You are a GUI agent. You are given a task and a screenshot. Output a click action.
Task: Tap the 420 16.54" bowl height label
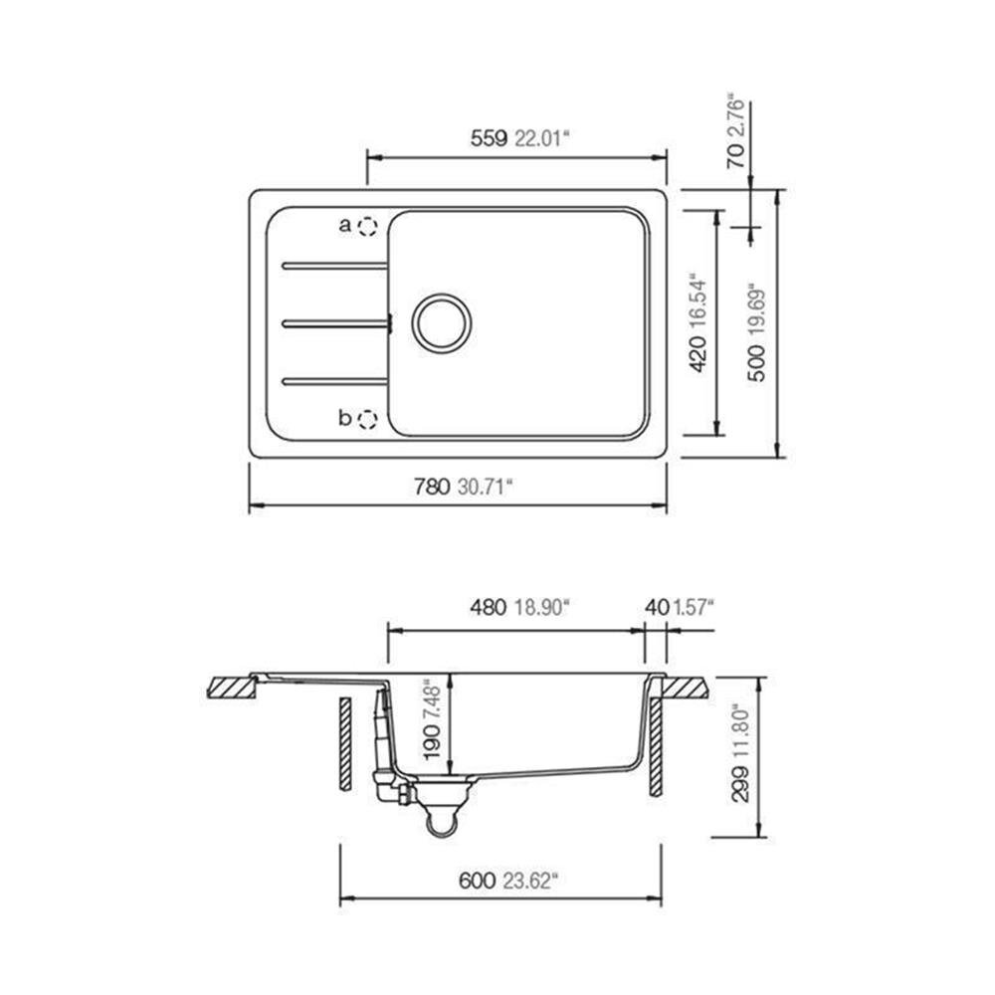pos(698,324)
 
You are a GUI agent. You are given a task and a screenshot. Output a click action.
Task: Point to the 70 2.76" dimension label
pos(736,131)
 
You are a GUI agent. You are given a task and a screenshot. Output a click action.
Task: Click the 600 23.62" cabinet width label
pos(507,880)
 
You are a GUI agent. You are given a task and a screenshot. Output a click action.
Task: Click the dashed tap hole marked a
pos(367,227)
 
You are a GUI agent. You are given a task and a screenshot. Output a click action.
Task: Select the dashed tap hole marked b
pos(367,419)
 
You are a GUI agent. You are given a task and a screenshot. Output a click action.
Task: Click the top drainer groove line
pos(334,266)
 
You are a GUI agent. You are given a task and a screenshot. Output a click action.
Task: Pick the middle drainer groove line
pos(334,322)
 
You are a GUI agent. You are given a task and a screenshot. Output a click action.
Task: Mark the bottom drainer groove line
pos(334,380)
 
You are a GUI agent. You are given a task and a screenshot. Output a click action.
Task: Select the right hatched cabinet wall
pos(657,746)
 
